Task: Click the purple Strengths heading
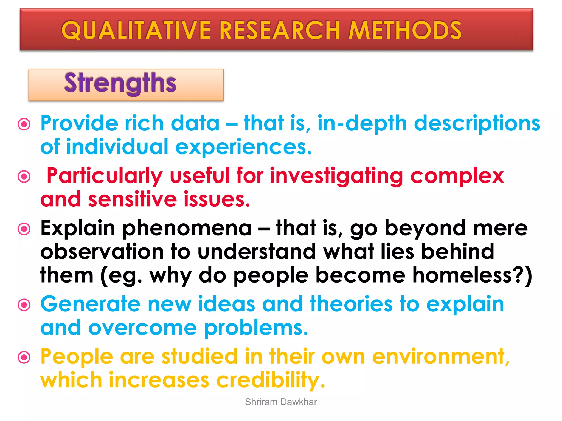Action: [x=120, y=83]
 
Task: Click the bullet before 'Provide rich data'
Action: [x=24, y=124]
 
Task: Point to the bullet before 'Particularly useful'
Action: [x=24, y=176]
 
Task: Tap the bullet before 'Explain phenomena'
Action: [x=24, y=229]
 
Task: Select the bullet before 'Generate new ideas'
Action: [x=24, y=305]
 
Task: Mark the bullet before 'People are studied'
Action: [x=24, y=357]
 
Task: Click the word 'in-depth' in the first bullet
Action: [x=362, y=124]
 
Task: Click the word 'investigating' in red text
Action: [x=336, y=176]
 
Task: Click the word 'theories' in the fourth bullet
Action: [x=351, y=304]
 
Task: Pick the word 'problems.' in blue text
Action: [x=256, y=328]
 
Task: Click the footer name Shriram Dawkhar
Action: [x=281, y=402]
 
